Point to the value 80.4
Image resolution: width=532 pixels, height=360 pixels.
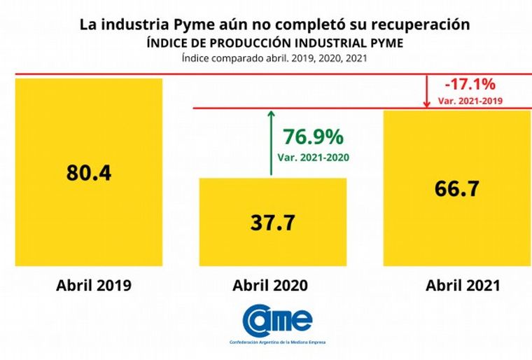tap(89, 173)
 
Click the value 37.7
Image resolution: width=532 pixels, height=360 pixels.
tap(273, 223)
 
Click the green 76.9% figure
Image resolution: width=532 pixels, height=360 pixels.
tap(311, 136)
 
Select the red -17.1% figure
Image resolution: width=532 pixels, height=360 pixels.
tap(470, 85)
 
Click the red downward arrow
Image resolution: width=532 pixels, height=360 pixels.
tap(427, 91)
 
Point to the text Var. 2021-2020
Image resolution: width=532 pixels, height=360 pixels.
tap(311, 156)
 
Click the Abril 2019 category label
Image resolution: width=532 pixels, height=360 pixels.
tap(89, 286)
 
